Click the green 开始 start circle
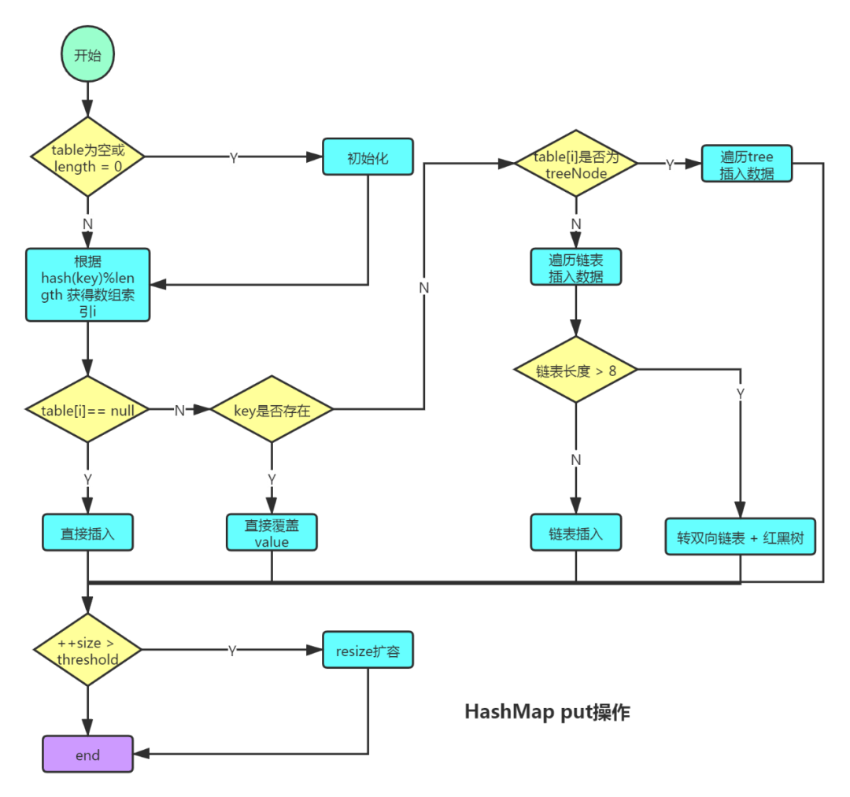(87, 55)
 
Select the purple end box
(88, 754)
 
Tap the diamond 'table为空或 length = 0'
(88, 157)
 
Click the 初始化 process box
(368, 157)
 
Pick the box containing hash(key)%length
(88, 285)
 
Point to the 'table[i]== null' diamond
(88, 409)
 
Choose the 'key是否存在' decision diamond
(272, 409)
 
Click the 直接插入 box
(88, 533)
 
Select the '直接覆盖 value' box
(272, 533)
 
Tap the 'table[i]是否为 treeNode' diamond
(575, 163)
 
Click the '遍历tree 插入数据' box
(747, 163)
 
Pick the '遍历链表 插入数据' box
(575, 267)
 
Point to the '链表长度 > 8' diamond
(575, 370)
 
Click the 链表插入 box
(575, 533)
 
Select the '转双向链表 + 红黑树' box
(741, 537)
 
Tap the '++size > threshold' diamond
(88, 650)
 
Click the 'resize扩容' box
(368, 650)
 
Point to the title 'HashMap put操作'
(548, 712)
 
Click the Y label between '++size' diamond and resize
(232, 650)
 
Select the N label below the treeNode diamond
(575, 223)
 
